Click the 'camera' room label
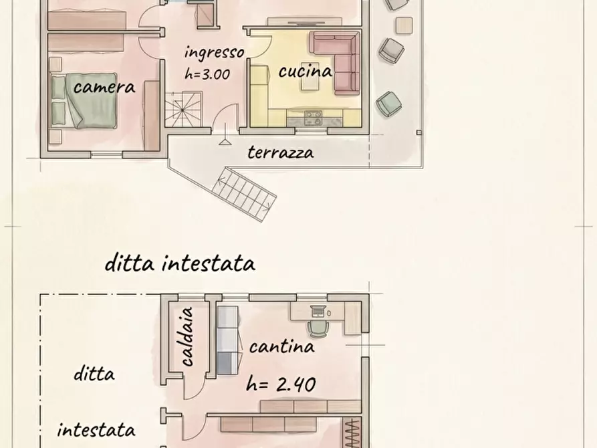pos(104,86)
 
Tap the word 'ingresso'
pos(214,52)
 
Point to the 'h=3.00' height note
pos(207,74)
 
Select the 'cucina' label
pos(305,71)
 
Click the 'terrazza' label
pos(280,152)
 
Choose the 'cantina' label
pos(281,346)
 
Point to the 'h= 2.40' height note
pos(281,384)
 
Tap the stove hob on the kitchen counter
pos(313,118)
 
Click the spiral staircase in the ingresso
pos(182,110)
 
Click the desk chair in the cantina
pos(318,327)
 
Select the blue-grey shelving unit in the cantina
pos(227,340)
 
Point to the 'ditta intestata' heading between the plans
pos(180,263)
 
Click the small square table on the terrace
pos(404,25)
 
